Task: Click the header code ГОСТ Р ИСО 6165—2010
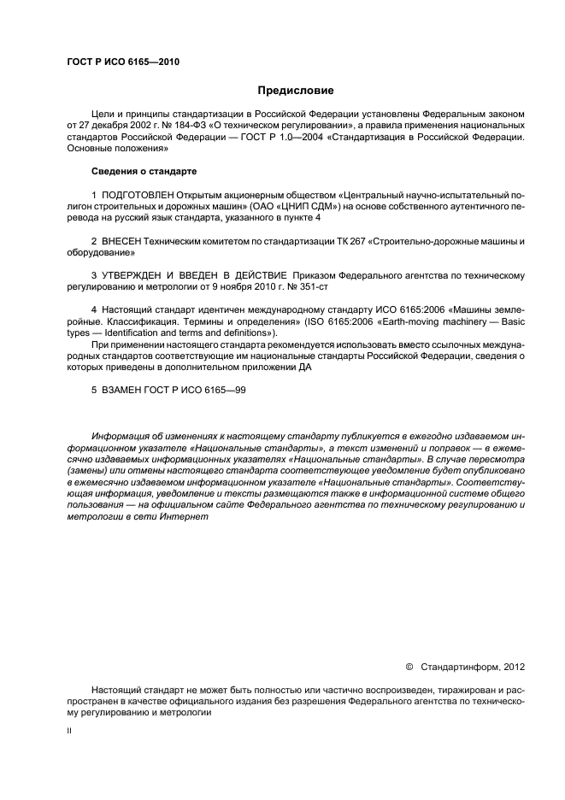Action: [x=122, y=62]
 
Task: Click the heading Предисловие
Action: [x=296, y=90]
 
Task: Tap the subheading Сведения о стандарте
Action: [x=132, y=172]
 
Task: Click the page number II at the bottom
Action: [x=69, y=732]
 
